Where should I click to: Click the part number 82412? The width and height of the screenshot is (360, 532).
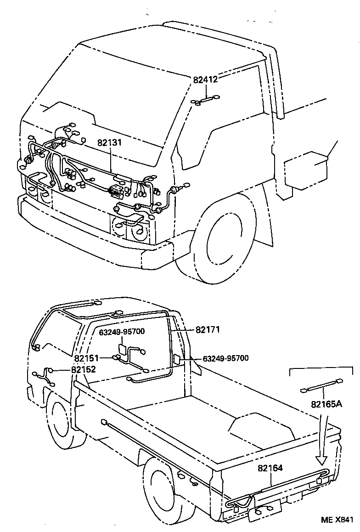point(205,79)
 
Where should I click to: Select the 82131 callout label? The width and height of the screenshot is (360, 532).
point(109,142)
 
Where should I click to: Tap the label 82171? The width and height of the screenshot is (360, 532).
point(208,329)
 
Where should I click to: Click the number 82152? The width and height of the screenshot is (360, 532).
point(83,369)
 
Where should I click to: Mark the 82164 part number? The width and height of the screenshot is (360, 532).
point(270,469)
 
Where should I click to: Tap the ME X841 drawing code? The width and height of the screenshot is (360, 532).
point(337,520)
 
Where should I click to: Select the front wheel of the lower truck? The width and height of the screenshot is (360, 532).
point(60,420)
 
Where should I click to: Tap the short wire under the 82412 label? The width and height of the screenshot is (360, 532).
point(206,99)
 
